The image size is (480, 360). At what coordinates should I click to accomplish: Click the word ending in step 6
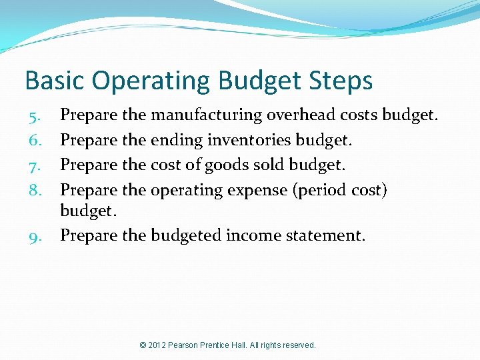[173, 141]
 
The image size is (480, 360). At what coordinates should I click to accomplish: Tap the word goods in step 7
[225, 166]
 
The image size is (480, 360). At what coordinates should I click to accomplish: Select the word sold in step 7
[261, 165]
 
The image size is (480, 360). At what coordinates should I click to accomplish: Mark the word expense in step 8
[256, 191]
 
